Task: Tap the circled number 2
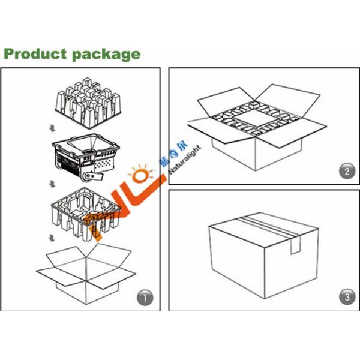(344, 172)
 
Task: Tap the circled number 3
(344, 296)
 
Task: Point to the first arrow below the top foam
(52, 127)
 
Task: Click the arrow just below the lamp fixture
(52, 182)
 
